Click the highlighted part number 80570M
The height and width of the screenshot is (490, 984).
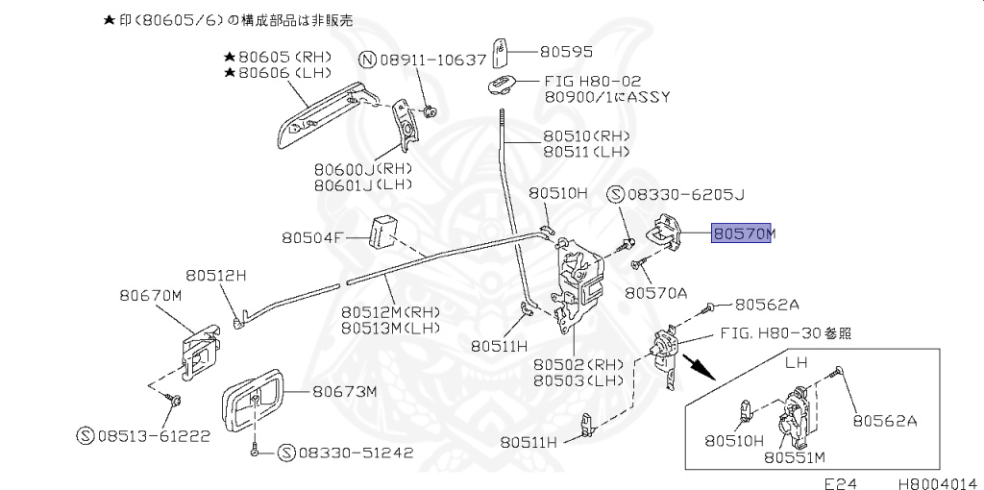tap(742, 233)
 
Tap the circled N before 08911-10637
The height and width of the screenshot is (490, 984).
tap(367, 60)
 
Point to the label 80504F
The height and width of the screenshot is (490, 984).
tap(312, 236)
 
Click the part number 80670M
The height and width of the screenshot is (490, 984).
tap(151, 296)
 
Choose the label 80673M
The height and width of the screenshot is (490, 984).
tap(343, 391)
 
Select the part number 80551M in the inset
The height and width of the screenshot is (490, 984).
tap(796, 457)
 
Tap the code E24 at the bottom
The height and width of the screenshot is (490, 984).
tap(839, 481)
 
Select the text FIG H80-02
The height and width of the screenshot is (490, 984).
tap(592, 82)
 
